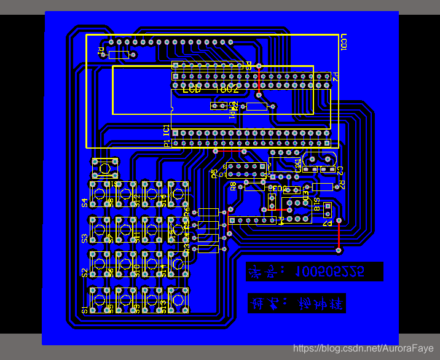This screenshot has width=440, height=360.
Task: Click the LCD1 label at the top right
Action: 344,43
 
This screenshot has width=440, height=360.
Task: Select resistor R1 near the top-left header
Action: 118,55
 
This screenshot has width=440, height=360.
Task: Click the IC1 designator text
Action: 166,130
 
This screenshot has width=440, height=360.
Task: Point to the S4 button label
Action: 85,202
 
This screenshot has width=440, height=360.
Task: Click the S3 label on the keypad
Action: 85,237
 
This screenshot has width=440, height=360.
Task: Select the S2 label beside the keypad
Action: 85,273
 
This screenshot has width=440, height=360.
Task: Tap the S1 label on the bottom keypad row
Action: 85,309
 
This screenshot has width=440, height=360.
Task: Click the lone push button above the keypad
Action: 104,167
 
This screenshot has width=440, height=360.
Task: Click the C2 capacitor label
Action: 340,170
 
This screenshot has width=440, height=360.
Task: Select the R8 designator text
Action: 234,187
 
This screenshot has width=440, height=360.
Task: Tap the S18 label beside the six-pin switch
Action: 317,205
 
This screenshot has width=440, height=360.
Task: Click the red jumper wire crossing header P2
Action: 259,80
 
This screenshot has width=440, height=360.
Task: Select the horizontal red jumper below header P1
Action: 229,151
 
